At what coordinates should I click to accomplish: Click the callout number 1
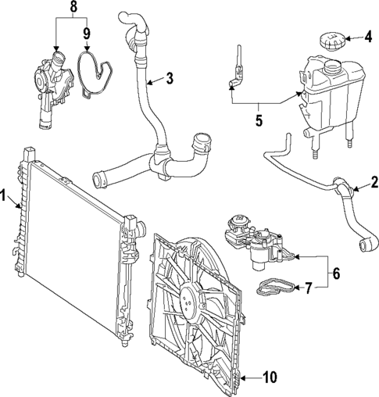(x=6, y=196)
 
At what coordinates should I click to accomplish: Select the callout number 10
(x=269, y=378)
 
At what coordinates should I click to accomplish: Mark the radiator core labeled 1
(x=70, y=238)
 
